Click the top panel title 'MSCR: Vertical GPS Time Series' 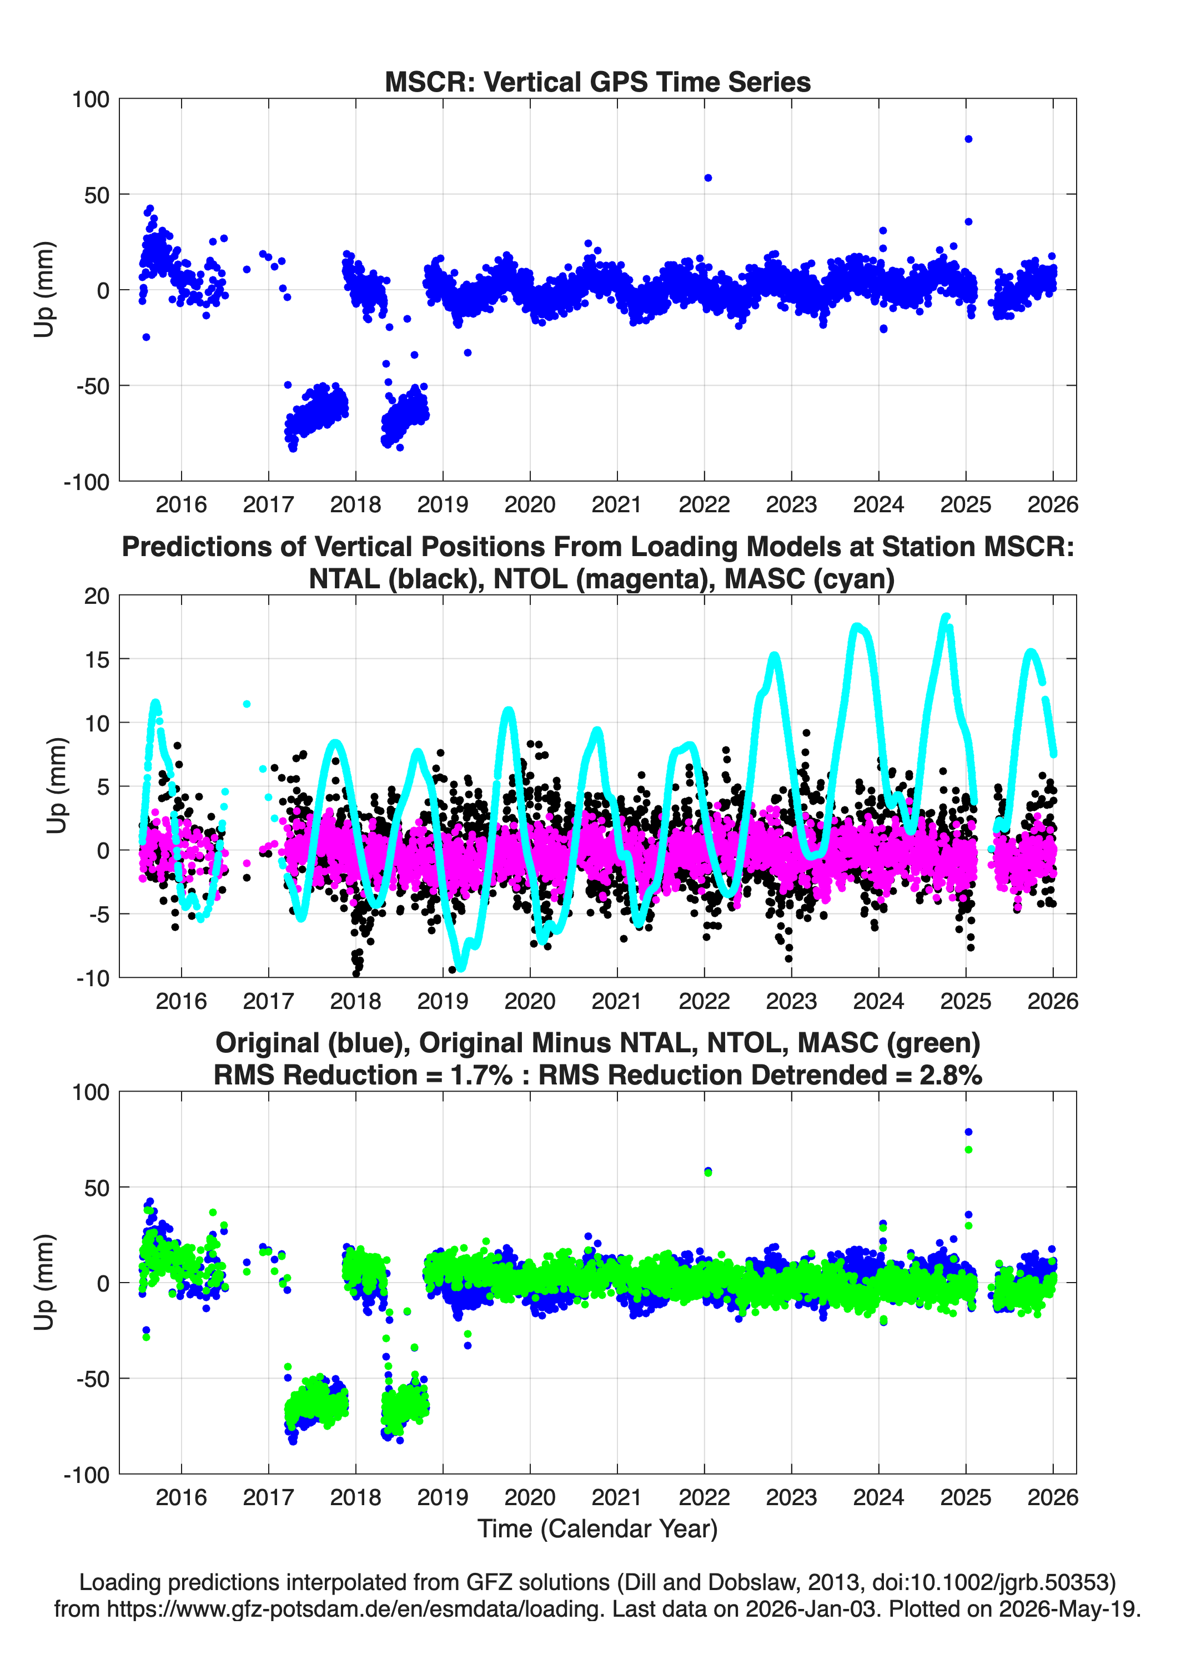point(597,82)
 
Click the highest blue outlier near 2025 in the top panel point(968,139)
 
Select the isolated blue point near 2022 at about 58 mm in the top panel point(707,178)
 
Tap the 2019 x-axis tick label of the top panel point(443,504)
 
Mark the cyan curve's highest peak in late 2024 point(946,617)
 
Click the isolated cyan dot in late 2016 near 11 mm point(247,704)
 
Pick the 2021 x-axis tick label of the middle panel point(617,1001)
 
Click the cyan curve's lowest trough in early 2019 point(459,967)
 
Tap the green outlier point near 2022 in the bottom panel point(707,1173)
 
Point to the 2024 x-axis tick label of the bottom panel point(878,1497)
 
